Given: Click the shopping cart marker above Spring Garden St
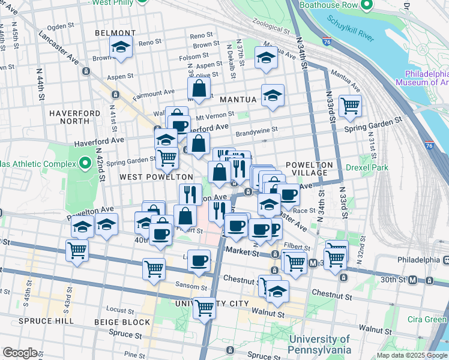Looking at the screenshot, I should point(350,106).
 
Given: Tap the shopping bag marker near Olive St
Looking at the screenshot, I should point(199,89).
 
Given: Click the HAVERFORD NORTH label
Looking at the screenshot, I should point(74,118).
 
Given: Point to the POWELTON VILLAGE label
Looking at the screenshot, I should point(309,169).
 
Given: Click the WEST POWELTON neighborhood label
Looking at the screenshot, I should point(156,177).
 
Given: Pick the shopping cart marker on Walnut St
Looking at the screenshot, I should point(205,308).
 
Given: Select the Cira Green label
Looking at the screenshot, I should point(427,319).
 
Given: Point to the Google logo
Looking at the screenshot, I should point(20,353).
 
